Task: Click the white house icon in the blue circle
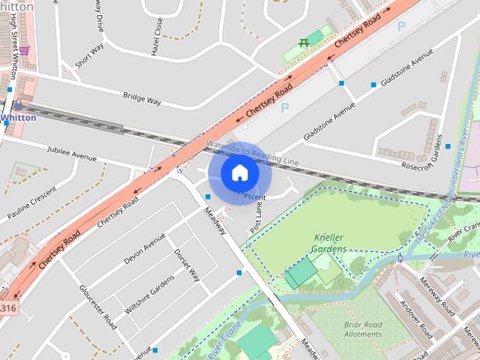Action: pyautogui.click(x=238, y=173)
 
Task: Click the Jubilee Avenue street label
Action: pyautogui.click(x=72, y=152)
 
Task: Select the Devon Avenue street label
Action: pyautogui.click(x=144, y=248)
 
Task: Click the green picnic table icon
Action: pyautogui.click(x=304, y=43)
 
